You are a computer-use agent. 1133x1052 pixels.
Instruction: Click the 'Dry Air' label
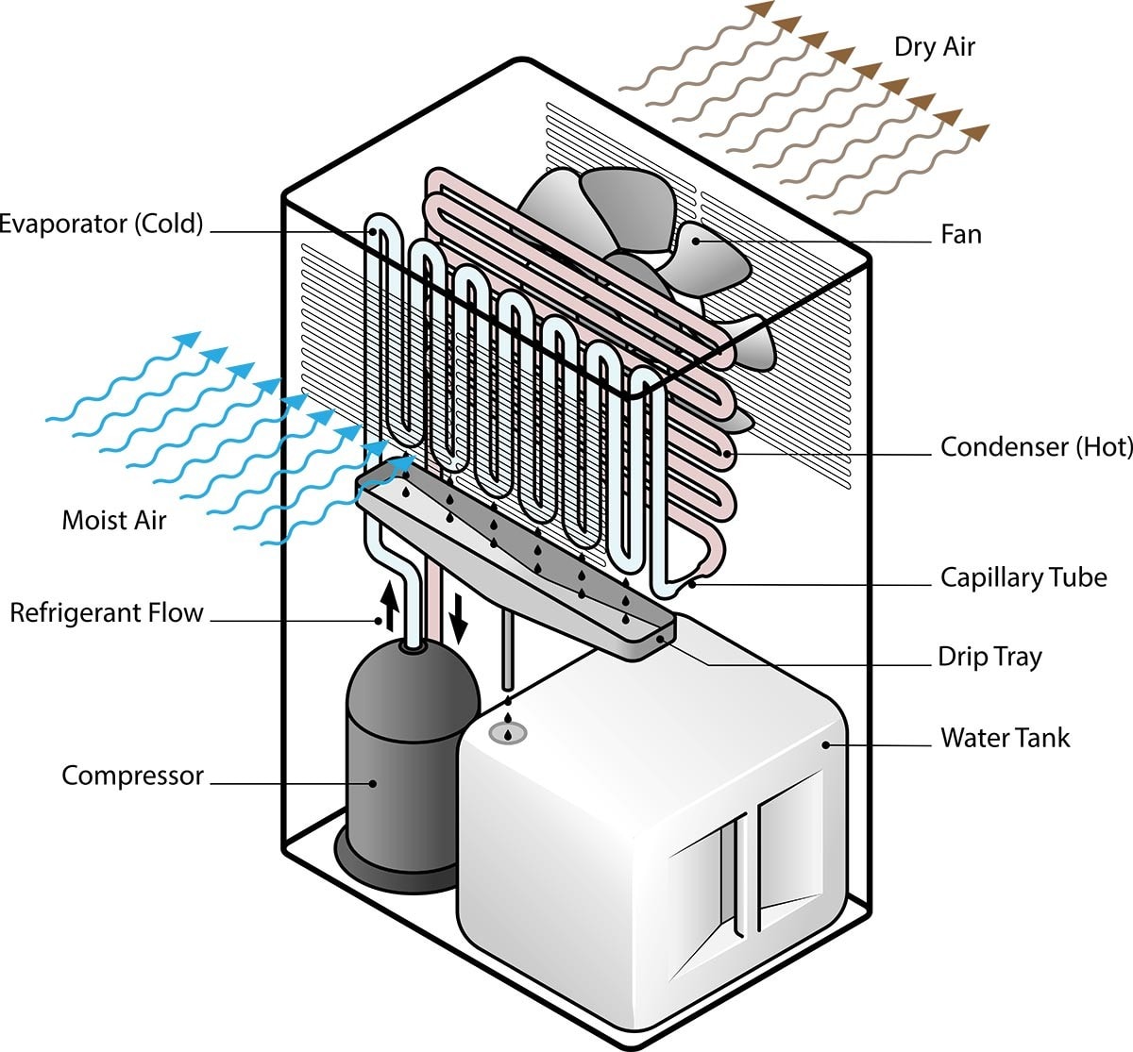(x=934, y=47)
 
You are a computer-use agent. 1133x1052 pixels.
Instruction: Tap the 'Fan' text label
(x=961, y=234)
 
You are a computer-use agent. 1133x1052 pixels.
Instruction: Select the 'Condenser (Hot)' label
(x=1036, y=446)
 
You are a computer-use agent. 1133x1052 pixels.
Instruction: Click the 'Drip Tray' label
(x=989, y=657)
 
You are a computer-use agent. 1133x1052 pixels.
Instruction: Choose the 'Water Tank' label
(x=1005, y=737)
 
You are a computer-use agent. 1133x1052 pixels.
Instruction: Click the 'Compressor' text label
(x=132, y=776)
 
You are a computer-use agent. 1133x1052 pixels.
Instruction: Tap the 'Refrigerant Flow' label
(x=107, y=612)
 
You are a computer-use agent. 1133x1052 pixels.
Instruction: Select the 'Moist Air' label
(x=113, y=519)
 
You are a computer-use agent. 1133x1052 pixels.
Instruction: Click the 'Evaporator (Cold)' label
(x=101, y=224)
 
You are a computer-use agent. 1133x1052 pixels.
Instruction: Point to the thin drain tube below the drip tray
(x=508, y=651)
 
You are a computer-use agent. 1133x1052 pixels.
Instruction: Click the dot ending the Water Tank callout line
(x=826, y=744)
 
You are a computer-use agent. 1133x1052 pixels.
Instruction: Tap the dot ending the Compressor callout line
(x=373, y=783)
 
